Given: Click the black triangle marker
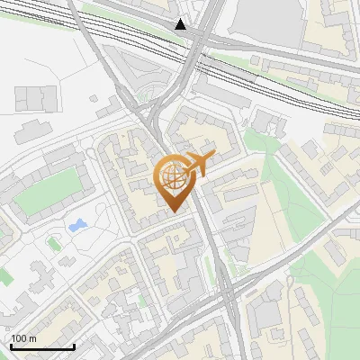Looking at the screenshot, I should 181,24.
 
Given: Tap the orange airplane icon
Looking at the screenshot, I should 199,165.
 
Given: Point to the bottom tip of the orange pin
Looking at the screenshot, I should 175,212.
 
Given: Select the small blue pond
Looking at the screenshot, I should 78,225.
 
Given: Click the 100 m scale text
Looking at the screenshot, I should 23,339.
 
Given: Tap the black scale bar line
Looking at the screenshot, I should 42,346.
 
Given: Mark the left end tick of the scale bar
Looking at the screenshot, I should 11,345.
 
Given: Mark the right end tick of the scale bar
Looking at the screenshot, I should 74,345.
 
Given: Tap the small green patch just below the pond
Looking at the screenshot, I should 53,242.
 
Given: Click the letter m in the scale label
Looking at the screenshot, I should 32,339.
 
